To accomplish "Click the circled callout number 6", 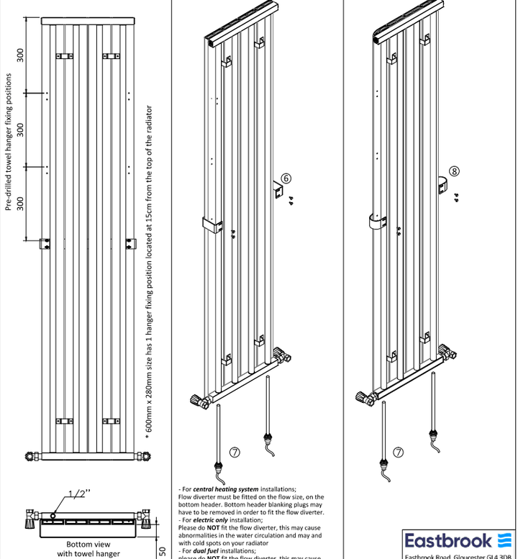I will (286, 178).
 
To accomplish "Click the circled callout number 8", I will (454, 171).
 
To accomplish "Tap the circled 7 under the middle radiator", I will (234, 452).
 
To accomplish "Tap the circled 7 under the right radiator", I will (398, 452).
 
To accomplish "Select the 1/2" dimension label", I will (79, 494).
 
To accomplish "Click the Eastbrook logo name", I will (448, 540).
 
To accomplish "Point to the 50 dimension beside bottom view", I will (162, 551).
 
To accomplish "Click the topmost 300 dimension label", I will (21, 55).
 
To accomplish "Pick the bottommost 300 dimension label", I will (21, 204).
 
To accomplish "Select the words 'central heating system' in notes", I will (226, 489).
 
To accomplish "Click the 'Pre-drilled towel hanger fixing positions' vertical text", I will (9, 142).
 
